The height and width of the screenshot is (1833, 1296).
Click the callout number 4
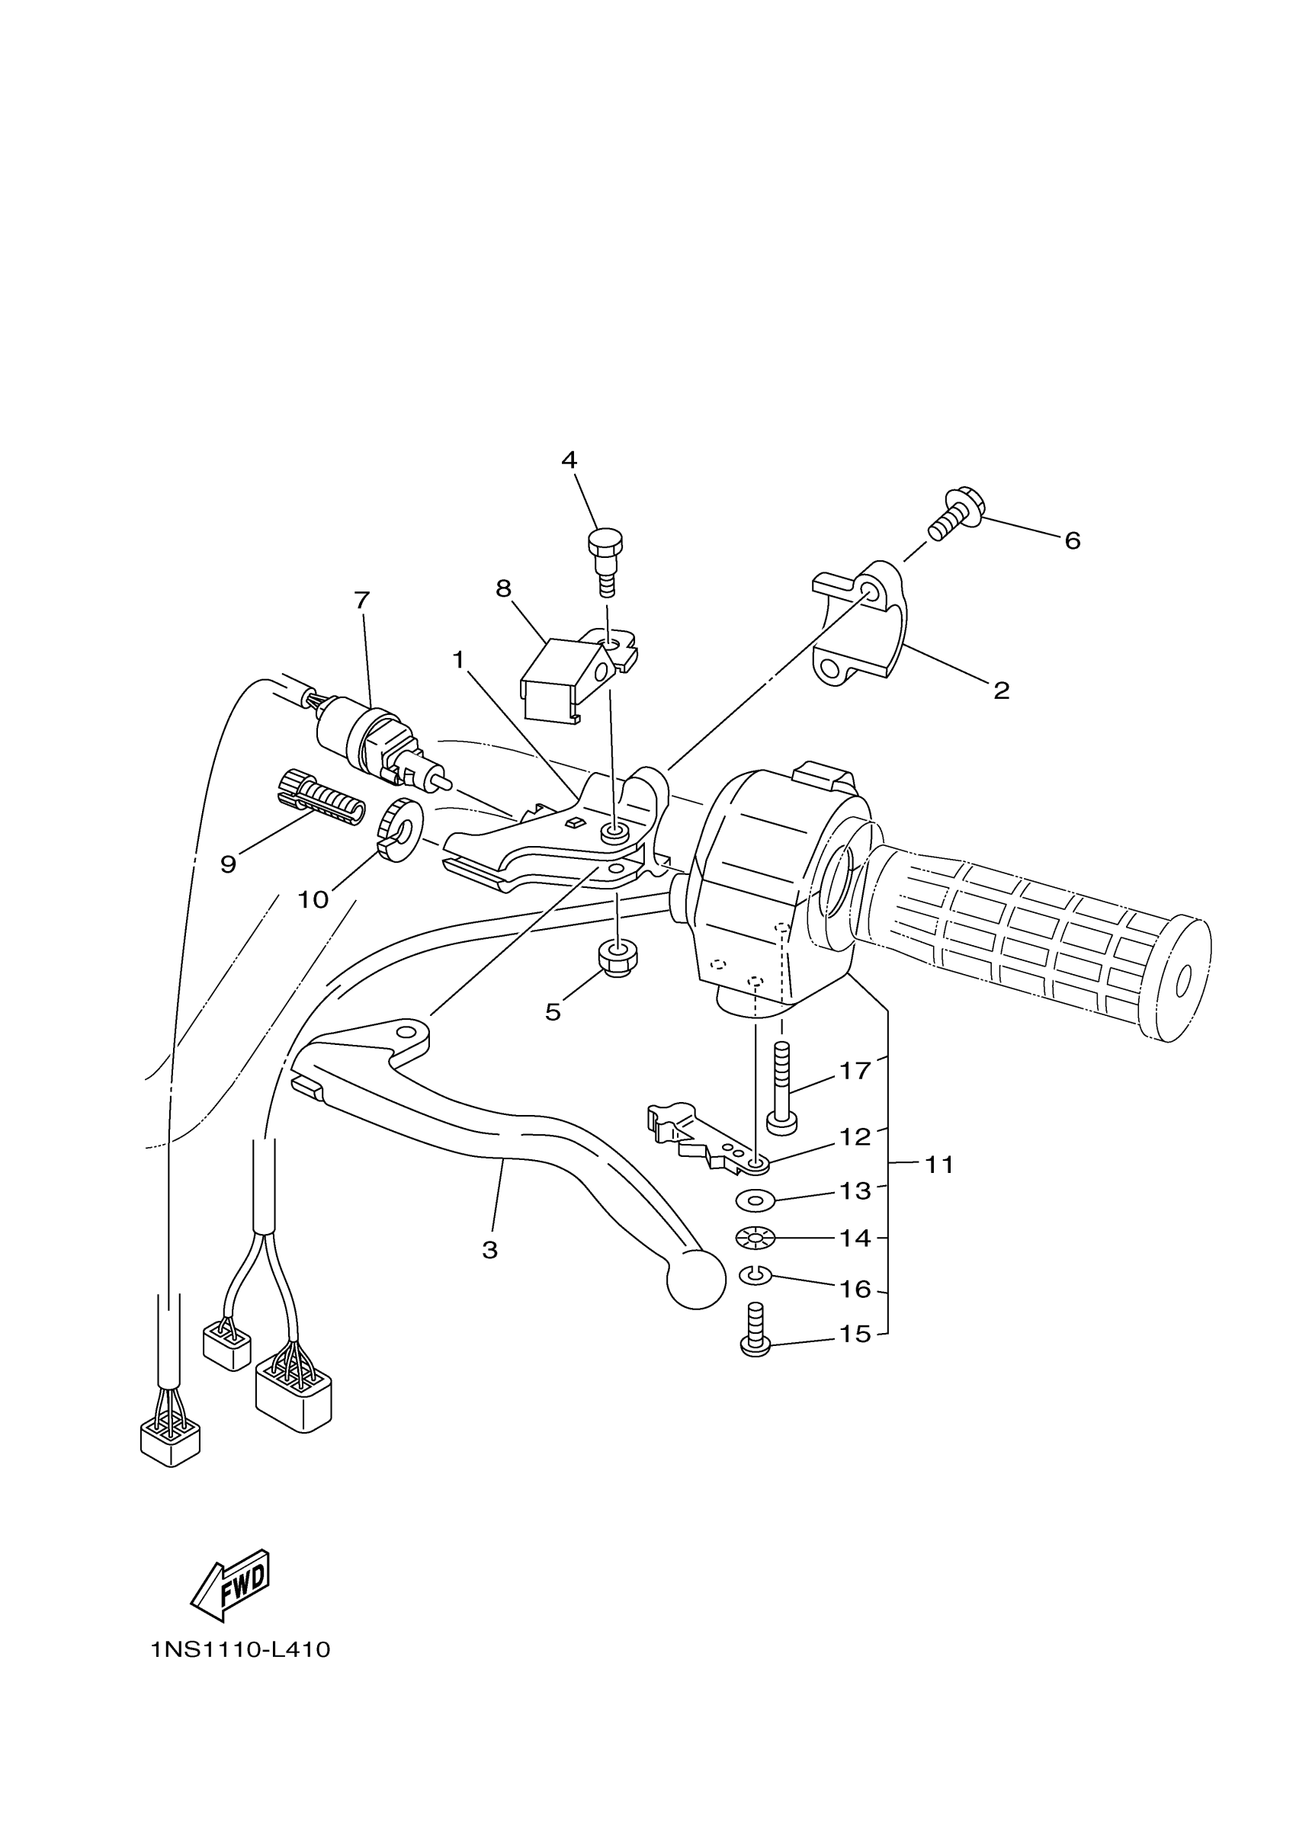point(569,460)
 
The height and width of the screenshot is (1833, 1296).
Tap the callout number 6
point(1073,541)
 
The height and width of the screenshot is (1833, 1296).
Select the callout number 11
point(940,1165)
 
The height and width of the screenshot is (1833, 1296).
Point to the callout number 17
point(855,1071)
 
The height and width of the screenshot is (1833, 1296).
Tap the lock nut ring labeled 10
point(399,831)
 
